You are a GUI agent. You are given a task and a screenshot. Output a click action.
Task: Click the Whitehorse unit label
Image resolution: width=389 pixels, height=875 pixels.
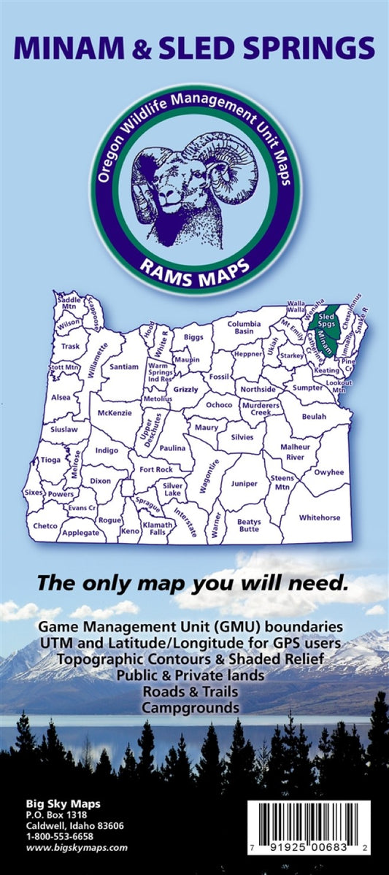320,517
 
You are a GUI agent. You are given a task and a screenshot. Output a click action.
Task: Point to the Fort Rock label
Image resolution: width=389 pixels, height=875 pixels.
156,469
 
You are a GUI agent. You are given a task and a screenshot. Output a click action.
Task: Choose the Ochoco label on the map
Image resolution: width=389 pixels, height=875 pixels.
218,404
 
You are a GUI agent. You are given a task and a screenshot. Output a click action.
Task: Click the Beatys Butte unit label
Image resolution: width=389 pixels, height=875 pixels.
249,525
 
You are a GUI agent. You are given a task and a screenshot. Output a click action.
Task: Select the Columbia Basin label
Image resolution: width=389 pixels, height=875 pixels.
243,328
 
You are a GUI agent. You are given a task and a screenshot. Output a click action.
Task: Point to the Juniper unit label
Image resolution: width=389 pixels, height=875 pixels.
244,483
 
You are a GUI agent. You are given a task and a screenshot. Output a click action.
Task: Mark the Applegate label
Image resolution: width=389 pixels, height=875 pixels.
81,533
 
